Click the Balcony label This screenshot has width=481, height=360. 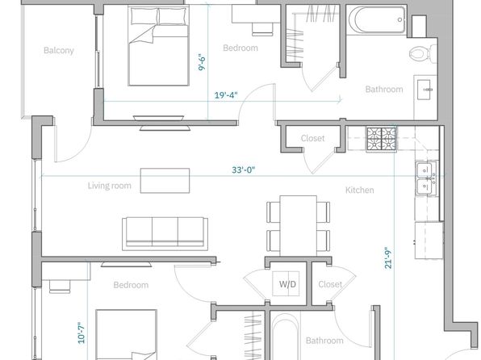click(59, 50)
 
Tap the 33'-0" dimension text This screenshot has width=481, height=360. click(244, 170)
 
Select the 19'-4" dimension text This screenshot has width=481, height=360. click(226, 95)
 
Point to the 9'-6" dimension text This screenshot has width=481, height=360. click(202, 63)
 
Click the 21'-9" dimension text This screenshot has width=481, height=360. click(388, 257)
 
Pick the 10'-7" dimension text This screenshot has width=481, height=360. click(81, 333)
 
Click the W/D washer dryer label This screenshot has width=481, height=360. click(287, 284)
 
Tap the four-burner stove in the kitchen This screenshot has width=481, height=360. click(381, 139)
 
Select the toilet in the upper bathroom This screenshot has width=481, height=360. click(423, 53)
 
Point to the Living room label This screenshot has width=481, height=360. click(110, 186)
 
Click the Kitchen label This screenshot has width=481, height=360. click(359, 190)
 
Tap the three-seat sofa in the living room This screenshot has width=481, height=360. click(165, 233)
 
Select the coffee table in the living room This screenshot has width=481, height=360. click(165, 181)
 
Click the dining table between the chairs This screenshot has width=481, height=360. click(298, 226)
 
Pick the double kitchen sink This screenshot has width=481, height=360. click(427, 178)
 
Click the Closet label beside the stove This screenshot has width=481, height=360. click(312, 138)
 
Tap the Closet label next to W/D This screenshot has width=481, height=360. click(330, 284)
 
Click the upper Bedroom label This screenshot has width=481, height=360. click(240, 48)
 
